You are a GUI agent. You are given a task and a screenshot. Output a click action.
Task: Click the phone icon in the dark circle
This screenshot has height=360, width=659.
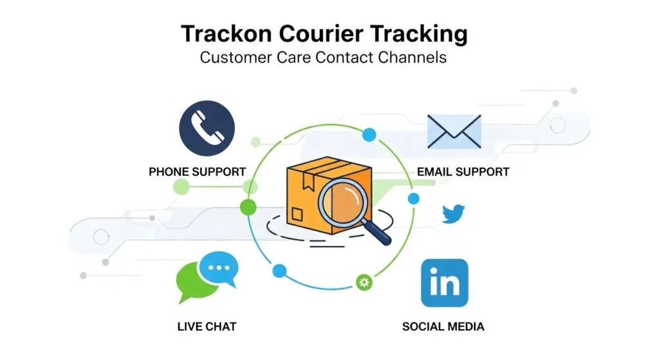click(x=207, y=129)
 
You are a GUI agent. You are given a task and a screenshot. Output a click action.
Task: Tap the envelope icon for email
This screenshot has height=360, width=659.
click(x=454, y=131)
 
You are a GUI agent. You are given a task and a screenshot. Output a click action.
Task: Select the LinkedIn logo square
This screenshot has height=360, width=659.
click(x=445, y=283)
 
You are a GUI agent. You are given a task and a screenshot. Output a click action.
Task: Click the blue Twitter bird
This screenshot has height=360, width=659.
click(x=453, y=213)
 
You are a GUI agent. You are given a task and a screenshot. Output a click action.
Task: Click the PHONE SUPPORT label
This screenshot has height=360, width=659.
click(x=197, y=172)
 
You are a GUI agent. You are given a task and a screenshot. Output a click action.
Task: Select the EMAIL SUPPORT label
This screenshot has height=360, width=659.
click(x=463, y=172)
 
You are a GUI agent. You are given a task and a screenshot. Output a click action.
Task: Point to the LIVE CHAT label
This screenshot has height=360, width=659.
click(x=207, y=327)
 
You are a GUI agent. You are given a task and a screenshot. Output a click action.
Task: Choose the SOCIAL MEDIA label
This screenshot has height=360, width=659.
click(x=443, y=327)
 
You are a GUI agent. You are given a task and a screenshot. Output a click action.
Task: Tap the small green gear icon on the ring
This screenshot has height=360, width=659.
click(x=364, y=281)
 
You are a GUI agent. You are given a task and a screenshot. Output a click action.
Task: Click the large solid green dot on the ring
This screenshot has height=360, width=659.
click(x=248, y=207)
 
